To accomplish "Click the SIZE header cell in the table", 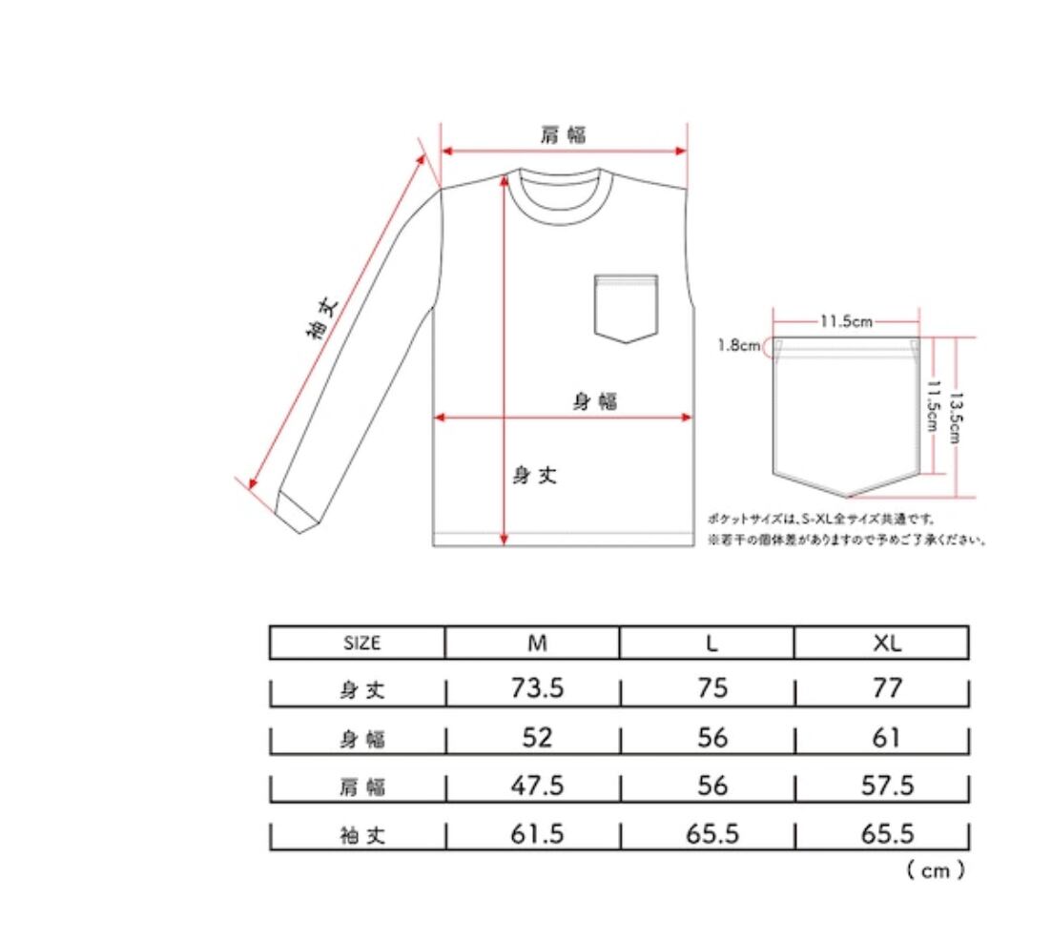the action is pyautogui.click(x=361, y=644).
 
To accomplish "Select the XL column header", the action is pyautogui.click(x=887, y=644).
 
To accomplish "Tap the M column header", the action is pyautogui.click(x=537, y=644).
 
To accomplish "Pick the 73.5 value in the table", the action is pyautogui.click(x=537, y=688).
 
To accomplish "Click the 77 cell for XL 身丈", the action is pyautogui.click(x=887, y=688).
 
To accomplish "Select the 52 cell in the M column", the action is pyautogui.click(x=537, y=737).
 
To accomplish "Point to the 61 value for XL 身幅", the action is pyautogui.click(x=886, y=737).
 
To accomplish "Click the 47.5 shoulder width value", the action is pyautogui.click(x=537, y=786).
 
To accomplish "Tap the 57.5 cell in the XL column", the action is pyautogui.click(x=887, y=786).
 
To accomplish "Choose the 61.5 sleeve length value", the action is pyautogui.click(x=537, y=834).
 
